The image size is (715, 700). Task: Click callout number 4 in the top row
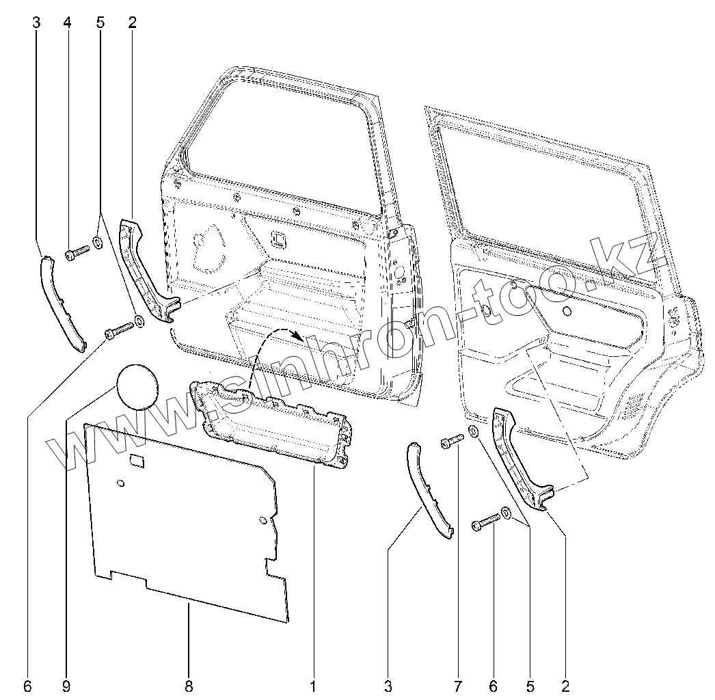click(67, 23)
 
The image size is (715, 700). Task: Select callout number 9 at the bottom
click(67, 685)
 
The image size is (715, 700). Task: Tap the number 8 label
click(189, 685)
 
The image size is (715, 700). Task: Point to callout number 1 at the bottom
click(313, 685)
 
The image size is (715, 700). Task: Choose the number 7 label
click(457, 685)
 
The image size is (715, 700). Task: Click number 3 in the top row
click(36, 23)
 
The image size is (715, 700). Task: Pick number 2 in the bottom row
click(565, 685)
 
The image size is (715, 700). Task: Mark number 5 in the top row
click(100, 23)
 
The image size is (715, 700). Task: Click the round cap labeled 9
click(137, 385)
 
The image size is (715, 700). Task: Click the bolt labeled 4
click(76, 255)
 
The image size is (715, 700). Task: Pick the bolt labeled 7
click(451, 443)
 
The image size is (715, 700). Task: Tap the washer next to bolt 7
click(473, 431)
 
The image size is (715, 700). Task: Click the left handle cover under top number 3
click(63, 301)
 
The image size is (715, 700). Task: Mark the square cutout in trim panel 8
click(137, 461)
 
